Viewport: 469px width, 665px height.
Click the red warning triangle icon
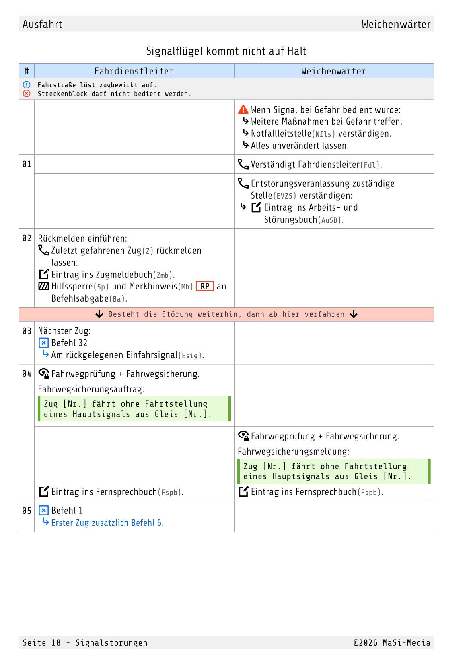[243, 109]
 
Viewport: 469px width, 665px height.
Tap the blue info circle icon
[27, 84]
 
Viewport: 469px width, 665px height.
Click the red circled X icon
[27, 94]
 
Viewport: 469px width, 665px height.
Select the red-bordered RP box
[205, 286]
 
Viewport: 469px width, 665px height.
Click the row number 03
[27, 331]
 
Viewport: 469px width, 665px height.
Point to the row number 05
[27, 511]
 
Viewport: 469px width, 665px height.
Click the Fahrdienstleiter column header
[134, 71]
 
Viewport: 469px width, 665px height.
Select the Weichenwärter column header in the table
[333, 71]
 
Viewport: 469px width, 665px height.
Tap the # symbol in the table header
[27, 71]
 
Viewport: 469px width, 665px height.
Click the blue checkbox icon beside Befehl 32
[43, 343]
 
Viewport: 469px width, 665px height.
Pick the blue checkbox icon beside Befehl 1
[43, 510]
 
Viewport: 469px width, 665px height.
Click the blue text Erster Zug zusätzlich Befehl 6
[107, 523]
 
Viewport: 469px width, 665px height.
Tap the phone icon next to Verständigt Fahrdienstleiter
[243, 164]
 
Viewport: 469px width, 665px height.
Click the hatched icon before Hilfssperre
[43, 286]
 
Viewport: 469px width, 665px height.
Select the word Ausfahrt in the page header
[43, 24]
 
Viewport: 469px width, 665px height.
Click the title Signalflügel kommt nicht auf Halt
[226, 51]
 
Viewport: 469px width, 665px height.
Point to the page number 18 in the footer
[56, 643]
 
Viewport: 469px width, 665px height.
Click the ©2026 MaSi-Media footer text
[392, 643]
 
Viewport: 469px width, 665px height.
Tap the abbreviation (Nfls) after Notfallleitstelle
[323, 134]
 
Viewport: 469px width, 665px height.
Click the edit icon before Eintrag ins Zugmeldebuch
[44, 274]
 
